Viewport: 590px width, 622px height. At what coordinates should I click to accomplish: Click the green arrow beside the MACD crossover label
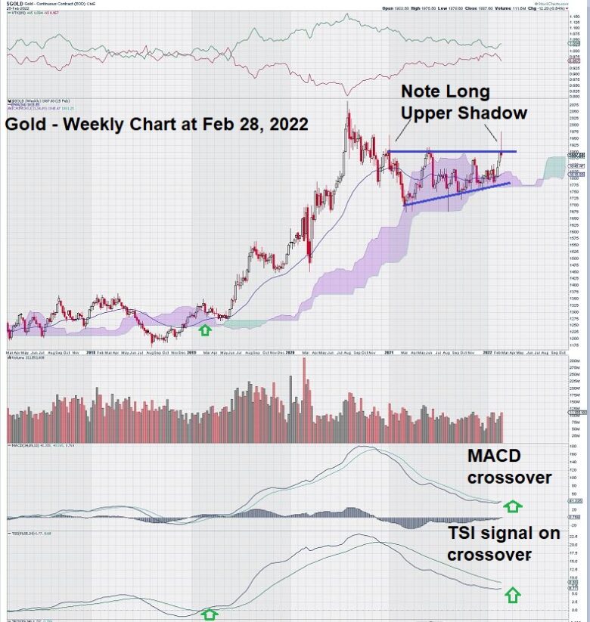513,506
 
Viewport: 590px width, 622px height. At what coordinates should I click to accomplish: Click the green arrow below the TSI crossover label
513,594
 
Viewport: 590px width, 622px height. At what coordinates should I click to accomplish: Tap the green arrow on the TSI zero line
209,614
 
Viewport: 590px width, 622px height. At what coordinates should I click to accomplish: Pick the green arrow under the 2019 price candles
204,330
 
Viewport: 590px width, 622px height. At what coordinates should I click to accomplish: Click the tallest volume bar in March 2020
305,401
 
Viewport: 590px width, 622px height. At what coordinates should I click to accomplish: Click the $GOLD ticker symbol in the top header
16,4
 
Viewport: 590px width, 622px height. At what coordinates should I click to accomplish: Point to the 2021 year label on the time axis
389,352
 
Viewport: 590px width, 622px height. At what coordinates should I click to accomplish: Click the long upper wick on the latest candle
501,140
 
